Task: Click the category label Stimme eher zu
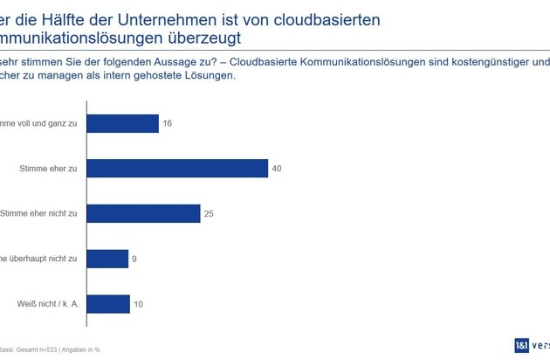point(50,169)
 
